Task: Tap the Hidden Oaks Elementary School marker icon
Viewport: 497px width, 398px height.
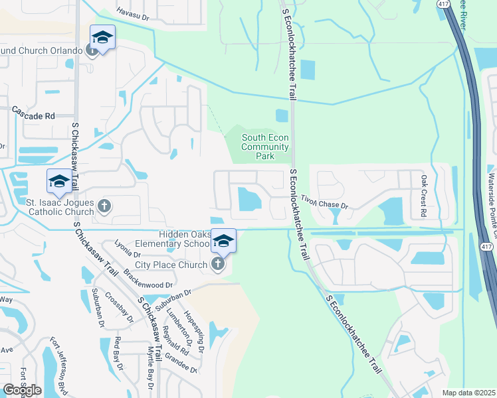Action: [x=224, y=240]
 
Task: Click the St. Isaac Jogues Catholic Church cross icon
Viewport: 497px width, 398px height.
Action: [x=104, y=206]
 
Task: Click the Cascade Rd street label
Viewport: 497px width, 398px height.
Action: [x=33, y=115]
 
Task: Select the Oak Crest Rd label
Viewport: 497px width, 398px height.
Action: [x=423, y=196]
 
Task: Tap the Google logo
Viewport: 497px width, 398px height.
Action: [x=22, y=390]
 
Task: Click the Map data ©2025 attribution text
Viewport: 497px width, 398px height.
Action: [x=468, y=393]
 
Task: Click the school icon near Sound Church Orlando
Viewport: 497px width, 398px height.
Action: [x=103, y=38]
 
